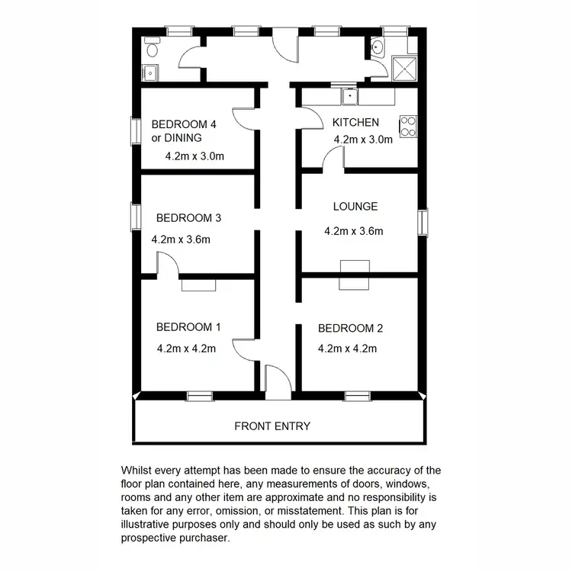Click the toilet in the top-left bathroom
pos(151,49)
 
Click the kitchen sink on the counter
pos(349,96)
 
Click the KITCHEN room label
pos(355,122)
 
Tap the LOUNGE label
pos(355,207)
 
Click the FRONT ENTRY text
pos(272,426)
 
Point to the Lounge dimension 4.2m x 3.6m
pos(353,231)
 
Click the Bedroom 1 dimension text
pos(186,349)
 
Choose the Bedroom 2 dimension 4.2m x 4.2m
pos(348,349)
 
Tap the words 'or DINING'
pos(176,138)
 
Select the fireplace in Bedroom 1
pos(198,284)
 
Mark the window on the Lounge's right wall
pos(423,222)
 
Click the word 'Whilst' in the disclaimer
pos(137,471)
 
